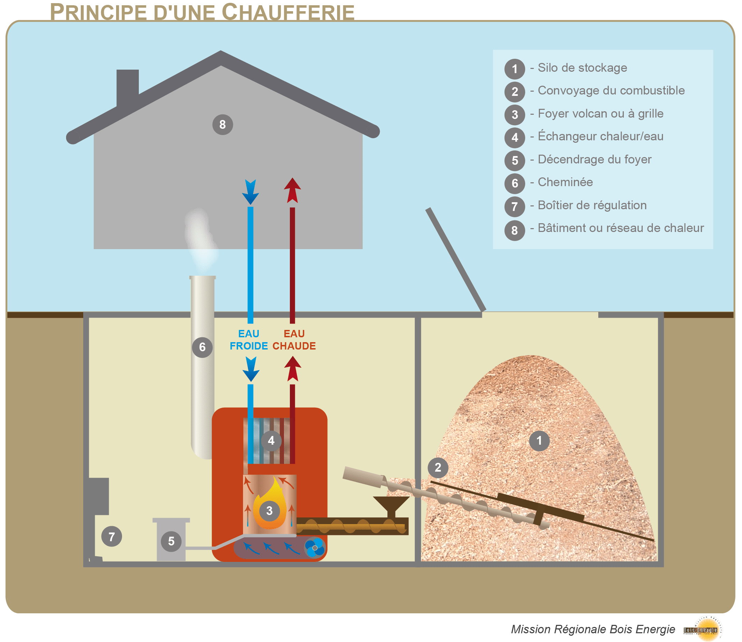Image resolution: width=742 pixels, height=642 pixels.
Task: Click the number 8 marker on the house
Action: point(222,125)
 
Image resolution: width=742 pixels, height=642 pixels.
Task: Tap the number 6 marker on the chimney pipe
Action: point(202,347)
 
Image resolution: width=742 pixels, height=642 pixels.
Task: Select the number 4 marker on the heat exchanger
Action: point(271,440)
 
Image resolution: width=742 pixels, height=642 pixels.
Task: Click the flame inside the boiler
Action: point(270,502)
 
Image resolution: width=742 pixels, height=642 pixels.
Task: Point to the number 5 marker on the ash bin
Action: point(171,541)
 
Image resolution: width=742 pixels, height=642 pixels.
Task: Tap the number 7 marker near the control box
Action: point(112,536)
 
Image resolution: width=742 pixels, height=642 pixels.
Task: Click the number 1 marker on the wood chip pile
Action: point(539,441)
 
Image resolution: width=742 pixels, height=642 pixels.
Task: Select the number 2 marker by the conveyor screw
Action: point(437,467)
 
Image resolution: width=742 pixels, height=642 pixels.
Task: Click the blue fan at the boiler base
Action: point(314,548)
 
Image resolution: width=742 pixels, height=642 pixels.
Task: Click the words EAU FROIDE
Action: point(249,340)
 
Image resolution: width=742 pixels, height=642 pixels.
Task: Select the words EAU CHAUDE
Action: point(294,340)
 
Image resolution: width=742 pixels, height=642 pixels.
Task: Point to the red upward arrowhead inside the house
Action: point(293,190)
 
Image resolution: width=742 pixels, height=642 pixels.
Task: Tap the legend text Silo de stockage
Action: point(582,68)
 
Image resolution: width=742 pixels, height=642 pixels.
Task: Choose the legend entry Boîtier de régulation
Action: point(592,205)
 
